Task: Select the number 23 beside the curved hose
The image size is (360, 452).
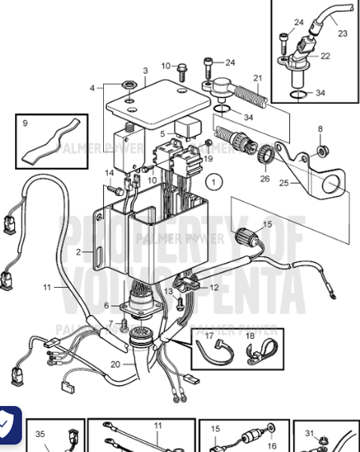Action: point(343,33)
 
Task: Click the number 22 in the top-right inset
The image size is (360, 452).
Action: point(325,56)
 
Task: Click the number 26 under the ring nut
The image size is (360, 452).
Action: point(264,179)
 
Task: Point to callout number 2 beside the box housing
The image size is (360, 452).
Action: point(78,252)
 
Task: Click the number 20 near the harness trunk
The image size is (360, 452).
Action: point(115,364)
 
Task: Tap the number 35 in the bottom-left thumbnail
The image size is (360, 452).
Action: point(41,433)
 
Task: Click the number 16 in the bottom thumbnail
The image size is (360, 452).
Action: point(273,446)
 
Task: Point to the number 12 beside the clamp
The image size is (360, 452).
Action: point(215,287)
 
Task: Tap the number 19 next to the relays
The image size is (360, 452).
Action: point(208,159)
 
